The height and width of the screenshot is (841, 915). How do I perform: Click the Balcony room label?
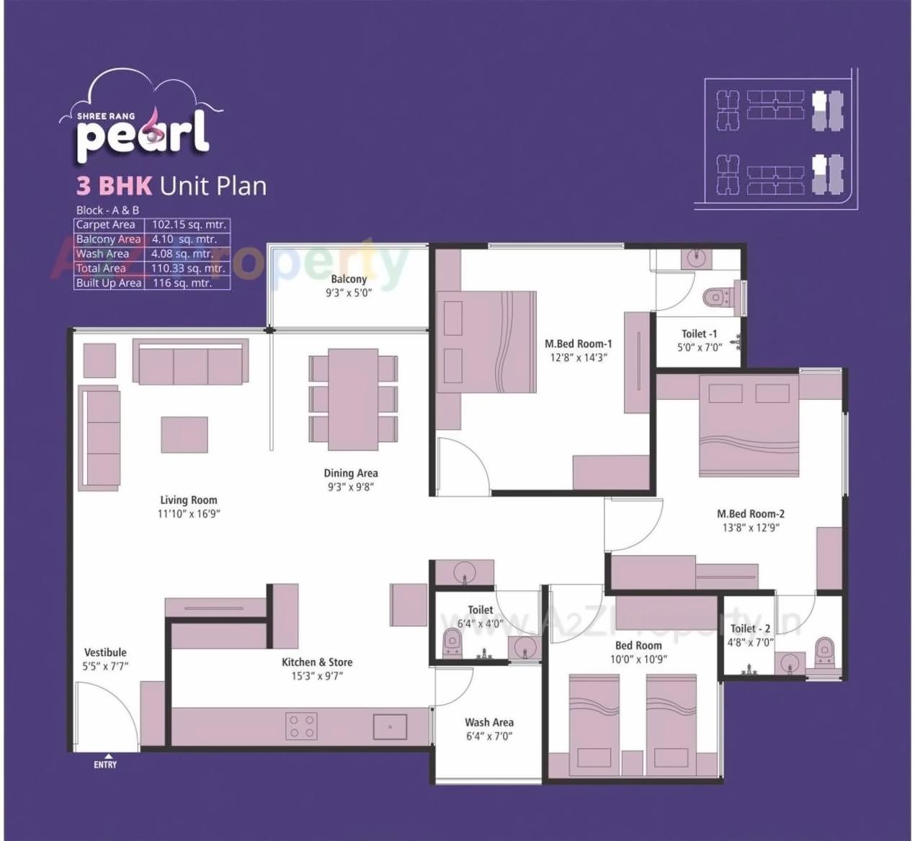point(349,279)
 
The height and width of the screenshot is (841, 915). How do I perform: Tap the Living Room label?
point(188,499)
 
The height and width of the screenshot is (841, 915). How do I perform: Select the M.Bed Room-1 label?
point(578,344)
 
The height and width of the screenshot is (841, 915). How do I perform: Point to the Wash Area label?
point(489,722)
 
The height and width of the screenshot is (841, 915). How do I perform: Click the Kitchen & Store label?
point(317,662)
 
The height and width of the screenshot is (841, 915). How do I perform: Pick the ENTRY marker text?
point(105,765)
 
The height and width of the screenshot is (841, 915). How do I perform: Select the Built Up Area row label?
point(109,283)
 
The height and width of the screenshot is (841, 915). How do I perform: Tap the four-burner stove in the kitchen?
point(302,726)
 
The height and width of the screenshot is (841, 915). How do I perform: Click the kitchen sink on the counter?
point(390,726)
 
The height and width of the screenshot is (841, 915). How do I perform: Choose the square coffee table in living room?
point(184,435)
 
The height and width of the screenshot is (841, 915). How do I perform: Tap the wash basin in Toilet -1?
point(696,259)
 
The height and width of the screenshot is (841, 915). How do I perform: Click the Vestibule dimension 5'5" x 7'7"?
point(105,666)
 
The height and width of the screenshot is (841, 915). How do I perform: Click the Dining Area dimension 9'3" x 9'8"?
point(350,486)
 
